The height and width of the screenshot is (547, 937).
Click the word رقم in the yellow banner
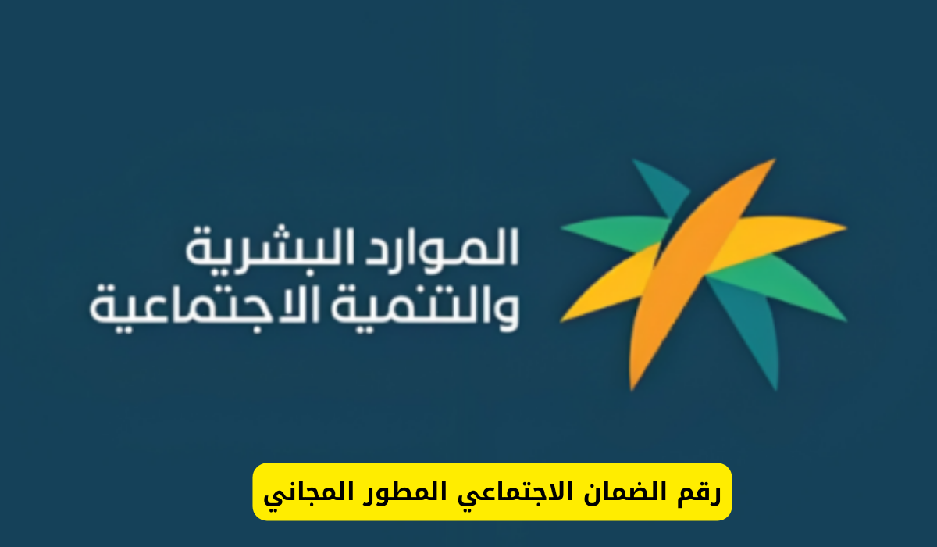[701, 493]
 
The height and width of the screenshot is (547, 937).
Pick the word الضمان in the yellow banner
[627, 493]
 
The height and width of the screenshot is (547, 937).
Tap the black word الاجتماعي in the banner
[510, 495]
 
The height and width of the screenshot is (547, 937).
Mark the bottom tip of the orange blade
[632, 388]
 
